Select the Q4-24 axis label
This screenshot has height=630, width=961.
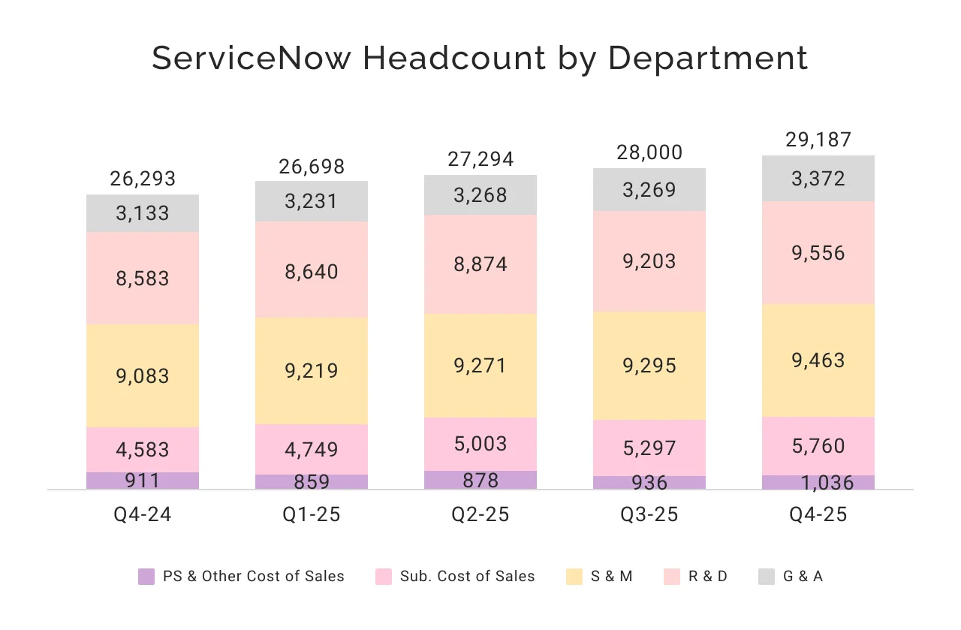(x=143, y=515)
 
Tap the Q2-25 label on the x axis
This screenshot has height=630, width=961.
(x=480, y=515)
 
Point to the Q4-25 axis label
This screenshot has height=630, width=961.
(x=818, y=515)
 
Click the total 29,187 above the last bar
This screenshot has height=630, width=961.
(x=818, y=140)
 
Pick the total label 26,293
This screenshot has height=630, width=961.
(x=143, y=179)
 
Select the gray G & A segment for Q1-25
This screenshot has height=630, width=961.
(x=312, y=201)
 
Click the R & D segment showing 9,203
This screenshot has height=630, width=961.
(x=649, y=261)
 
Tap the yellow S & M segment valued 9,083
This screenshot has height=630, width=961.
(x=143, y=375)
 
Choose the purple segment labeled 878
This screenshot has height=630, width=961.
(x=480, y=480)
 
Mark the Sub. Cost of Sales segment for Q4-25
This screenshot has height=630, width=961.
(x=818, y=446)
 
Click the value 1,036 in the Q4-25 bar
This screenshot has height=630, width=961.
(x=818, y=483)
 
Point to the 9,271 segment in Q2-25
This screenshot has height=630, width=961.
(x=480, y=366)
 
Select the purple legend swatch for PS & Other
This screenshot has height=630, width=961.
(x=146, y=577)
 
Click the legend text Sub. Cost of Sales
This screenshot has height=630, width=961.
(x=467, y=577)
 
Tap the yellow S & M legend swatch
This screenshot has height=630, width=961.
(x=574, y=577)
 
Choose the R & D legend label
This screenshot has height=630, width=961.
(x=707, y=577)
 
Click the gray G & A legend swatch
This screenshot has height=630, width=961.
(x=766, y=577)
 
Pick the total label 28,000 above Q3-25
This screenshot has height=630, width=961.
(x=649, y=152)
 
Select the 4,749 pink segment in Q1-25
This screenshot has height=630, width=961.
(x=312, y=450)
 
